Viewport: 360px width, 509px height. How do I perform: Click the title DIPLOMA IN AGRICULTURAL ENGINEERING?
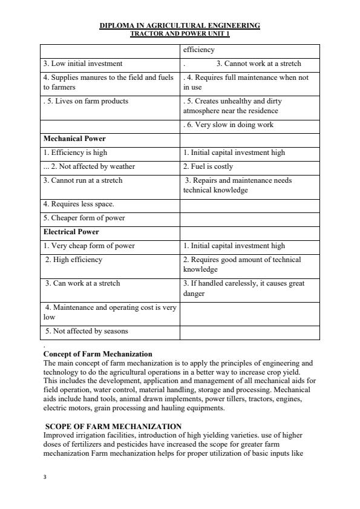(180, 25)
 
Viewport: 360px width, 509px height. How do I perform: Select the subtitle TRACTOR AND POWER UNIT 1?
(180, 33)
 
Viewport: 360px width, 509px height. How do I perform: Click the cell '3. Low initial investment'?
(83, 64)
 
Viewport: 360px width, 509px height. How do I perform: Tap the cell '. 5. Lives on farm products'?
(86, 101)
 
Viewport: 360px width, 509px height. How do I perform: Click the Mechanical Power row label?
(74, 139)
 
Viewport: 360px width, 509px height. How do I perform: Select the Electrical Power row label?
(71, 232)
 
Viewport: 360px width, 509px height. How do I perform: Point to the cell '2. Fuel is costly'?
(208, 166)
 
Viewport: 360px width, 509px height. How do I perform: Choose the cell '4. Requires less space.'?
(79, 204)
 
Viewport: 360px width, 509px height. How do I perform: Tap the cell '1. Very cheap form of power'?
(89, 246)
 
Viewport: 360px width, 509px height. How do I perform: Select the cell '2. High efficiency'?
(74, 260)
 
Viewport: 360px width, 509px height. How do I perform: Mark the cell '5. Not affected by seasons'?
(87, 331)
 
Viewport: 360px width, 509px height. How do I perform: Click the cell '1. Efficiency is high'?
(75, 153)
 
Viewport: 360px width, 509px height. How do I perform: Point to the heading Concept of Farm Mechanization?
(98, 353)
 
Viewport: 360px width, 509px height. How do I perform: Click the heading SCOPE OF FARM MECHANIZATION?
(114, 427)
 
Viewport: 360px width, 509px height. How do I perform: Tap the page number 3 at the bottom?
(45, 477)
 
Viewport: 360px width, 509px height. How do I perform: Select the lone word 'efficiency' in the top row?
(199, 50)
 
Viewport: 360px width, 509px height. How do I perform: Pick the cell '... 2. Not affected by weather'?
(89, 166)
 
